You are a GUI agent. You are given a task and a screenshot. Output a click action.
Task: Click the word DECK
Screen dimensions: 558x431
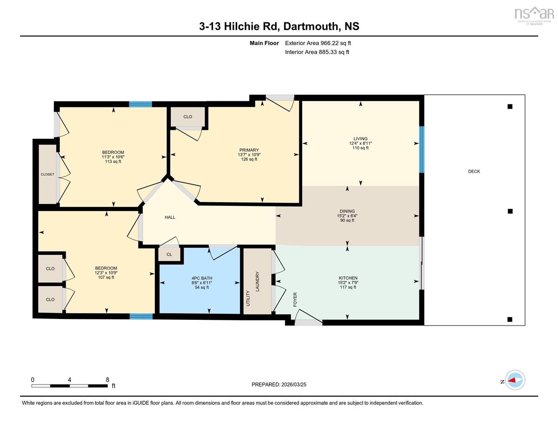[474, 171]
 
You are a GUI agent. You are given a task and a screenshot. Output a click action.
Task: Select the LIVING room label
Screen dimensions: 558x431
[360, 139]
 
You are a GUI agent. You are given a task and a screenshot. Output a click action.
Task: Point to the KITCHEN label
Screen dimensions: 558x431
[348, 278]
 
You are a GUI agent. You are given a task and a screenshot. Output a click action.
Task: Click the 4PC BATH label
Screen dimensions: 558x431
[202, 278]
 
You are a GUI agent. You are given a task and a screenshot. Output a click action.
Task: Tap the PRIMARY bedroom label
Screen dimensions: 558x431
[249, 150]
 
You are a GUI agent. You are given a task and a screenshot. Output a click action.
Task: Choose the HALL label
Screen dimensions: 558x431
[170, 218]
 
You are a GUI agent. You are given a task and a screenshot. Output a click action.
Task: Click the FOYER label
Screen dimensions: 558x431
[295, 299]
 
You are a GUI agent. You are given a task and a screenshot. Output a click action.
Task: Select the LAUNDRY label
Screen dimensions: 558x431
[258, 281]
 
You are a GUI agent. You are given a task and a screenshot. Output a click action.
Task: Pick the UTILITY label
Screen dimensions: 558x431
[248, 298]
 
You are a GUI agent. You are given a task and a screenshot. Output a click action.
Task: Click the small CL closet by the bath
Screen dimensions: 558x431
[169, 254]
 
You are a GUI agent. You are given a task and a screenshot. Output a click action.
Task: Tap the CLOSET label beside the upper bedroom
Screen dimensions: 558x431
[47, 174]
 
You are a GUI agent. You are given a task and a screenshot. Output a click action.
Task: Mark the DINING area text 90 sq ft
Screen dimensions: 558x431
[347, 220]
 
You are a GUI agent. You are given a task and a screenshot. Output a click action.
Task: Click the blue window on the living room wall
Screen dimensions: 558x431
[422, 149]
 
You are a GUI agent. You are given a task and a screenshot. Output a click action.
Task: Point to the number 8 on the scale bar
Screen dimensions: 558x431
[107, 380]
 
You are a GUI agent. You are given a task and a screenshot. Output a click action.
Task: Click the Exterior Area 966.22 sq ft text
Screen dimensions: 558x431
[318, 43]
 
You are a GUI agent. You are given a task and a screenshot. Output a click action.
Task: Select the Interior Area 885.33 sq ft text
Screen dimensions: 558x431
[317, 52]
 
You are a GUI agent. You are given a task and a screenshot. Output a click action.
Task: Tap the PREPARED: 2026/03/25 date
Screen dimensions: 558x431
[279, 385]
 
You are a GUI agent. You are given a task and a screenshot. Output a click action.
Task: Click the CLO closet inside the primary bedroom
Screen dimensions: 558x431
[188, 117]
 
